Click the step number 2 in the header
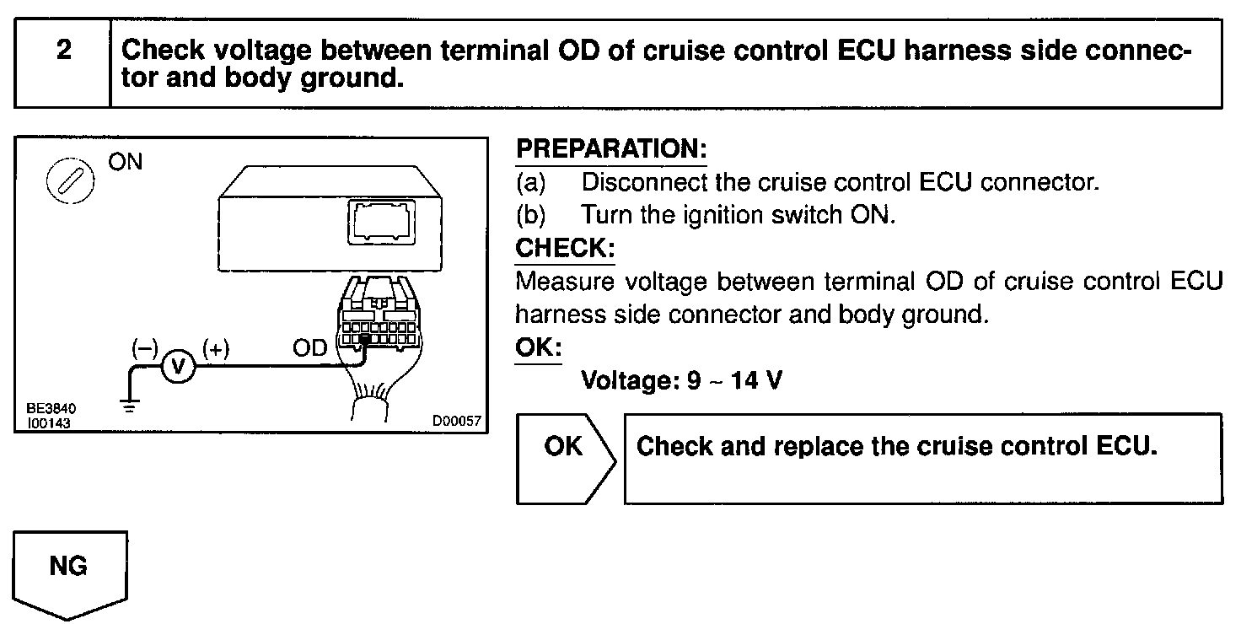[x=64, y=51]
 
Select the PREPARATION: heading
[x=610, y=150]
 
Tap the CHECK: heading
[x=565, y=250]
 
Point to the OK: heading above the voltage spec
[x=538, y=347]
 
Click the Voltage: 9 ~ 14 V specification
[x=681, y=381]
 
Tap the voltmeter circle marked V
[x=178, y=367]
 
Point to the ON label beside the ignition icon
[x=126, y=162]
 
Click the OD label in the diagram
[x=309, y=349]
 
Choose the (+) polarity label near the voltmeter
[x=215, y=348]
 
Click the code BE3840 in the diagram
[x=48, y=407]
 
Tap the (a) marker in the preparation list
[x=531, y=182]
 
